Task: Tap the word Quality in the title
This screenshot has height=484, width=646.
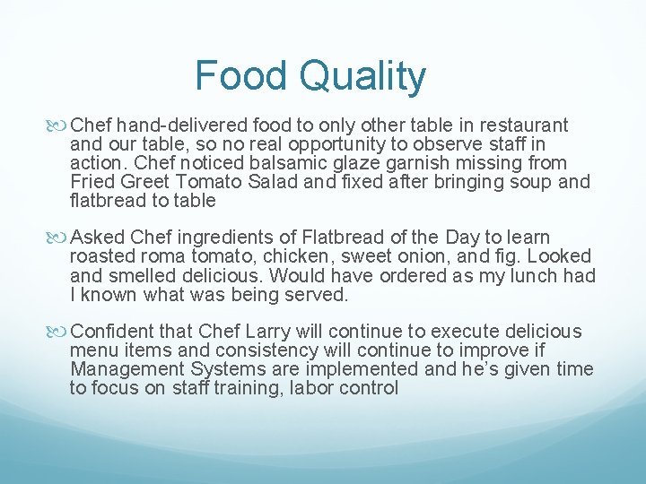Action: [362, 77]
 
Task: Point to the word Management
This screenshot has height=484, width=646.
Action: [128, 369]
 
